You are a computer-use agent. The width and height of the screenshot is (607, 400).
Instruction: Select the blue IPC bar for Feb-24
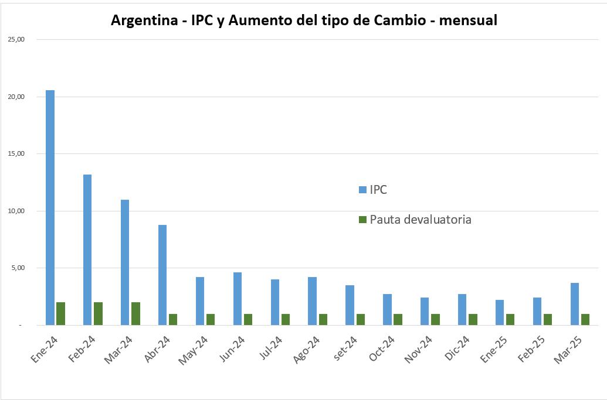click(87, 249)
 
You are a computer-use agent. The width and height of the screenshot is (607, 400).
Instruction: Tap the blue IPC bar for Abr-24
click(162, 275)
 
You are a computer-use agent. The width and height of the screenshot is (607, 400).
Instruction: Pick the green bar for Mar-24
click(135, 313)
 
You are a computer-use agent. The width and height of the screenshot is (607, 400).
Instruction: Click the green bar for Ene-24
click(60, 313)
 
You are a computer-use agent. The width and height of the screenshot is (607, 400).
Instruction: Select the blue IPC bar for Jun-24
click(238, 299)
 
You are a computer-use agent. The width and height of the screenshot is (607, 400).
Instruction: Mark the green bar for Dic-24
click(473, 319)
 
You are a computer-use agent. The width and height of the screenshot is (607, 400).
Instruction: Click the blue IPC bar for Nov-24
click(425, 311)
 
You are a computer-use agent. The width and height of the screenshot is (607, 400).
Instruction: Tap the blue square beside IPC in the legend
click(362, 190)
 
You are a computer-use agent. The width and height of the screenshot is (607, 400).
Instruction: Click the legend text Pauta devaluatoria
click(421, 220)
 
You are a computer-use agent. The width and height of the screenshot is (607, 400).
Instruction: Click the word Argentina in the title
click(143, 20)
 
